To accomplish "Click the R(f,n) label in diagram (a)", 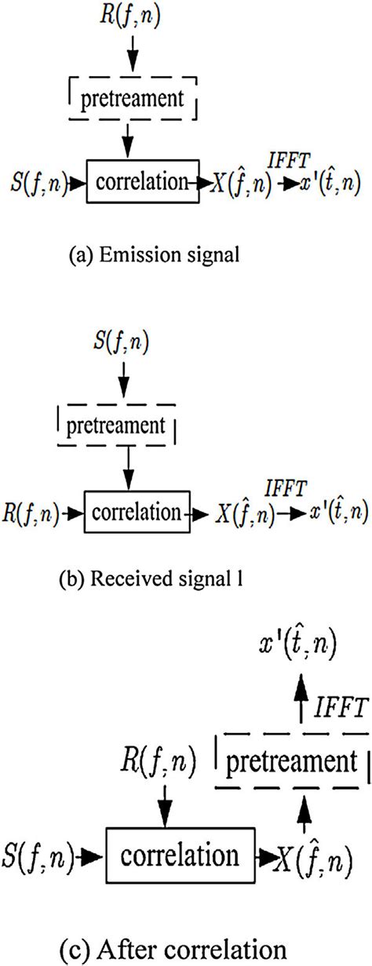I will point(132,16).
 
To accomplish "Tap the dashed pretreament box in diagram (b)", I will point(118,427).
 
